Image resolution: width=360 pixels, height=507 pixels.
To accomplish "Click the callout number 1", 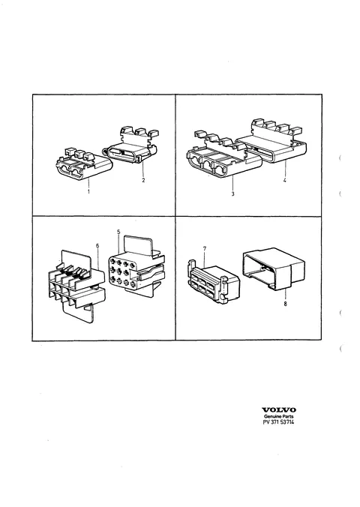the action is coord(88,191).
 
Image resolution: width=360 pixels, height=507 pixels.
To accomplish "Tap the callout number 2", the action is coord(143,180).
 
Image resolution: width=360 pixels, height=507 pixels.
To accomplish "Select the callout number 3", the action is coord(232,193).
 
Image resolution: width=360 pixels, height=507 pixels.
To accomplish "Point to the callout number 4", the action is coord(285,181).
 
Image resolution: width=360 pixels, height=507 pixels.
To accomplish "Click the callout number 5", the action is coord(118,232).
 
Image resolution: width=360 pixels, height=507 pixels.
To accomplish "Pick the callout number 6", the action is coord(97,246).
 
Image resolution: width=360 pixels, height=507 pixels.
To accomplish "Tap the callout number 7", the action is coord(205,249).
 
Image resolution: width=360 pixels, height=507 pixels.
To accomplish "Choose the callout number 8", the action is coord(285,304).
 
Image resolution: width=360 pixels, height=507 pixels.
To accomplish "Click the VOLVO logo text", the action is coord(279,410).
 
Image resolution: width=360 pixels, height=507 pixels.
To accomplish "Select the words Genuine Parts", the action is coord(279,416).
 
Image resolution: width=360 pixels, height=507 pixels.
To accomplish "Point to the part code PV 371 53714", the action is coord(279,422).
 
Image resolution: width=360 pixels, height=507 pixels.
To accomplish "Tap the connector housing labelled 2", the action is coord(130,146).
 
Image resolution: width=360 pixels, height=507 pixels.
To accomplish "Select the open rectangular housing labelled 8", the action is coord(274,268).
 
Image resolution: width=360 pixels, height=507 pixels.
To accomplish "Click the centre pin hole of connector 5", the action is coord(124,269).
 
